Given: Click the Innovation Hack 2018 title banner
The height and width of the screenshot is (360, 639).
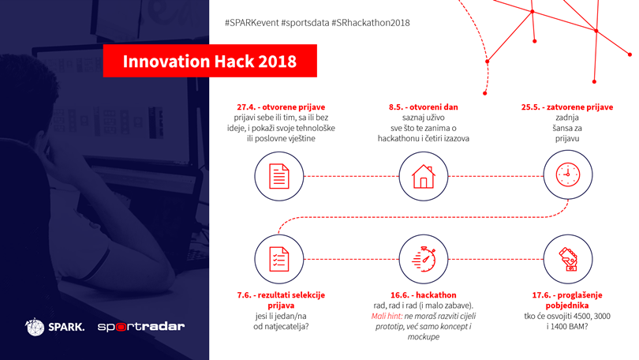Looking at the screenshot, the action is [x=210, y=61].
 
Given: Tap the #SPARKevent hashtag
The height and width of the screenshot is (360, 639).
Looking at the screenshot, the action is [x=252, y=23].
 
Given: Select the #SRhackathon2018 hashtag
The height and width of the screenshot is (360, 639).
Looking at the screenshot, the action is [x=371, y=23].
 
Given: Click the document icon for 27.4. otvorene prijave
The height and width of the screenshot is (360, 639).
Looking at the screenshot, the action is [x=279, y=176].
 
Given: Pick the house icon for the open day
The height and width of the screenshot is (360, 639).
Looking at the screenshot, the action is [x=424, y=176].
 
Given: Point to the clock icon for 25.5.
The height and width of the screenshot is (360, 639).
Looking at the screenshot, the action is [x=568, y=174].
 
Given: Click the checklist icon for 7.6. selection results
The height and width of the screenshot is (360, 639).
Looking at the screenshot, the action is [x=279, y=259].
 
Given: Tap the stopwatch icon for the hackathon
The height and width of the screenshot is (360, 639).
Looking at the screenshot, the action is [x=424, y=259].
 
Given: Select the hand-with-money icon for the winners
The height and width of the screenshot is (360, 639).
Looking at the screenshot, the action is [x=568, y=259].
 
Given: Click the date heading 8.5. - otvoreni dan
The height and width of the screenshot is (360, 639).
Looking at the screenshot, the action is [x=424, y=107].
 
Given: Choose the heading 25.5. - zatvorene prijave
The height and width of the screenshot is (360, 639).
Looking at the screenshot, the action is [x=567, y=107].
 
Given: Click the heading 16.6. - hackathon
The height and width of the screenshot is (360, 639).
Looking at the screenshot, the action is [x=424, y=295].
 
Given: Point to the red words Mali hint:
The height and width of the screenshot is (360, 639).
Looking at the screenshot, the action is [x=387, y=316].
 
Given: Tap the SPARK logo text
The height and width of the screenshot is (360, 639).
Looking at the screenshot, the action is [x=66, y=327].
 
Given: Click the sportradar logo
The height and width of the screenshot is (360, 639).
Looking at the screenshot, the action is [x=141, y=327].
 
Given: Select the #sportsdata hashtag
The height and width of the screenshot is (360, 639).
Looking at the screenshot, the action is [x=305, y=23].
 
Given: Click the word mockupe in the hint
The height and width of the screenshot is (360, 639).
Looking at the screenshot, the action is [x=424, y=337].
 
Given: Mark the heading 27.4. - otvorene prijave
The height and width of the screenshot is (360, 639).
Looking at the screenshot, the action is [x=281, y=107].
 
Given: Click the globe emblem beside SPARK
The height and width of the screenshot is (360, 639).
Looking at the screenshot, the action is [x=35, y=327].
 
